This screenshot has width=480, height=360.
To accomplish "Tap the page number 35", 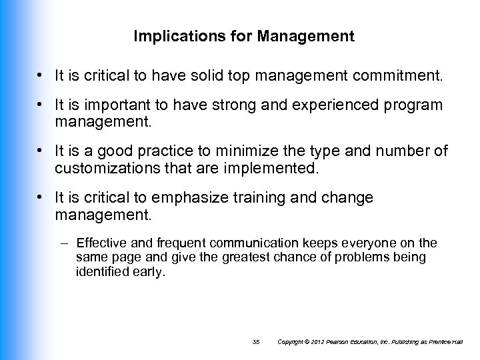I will pos(256,342).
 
